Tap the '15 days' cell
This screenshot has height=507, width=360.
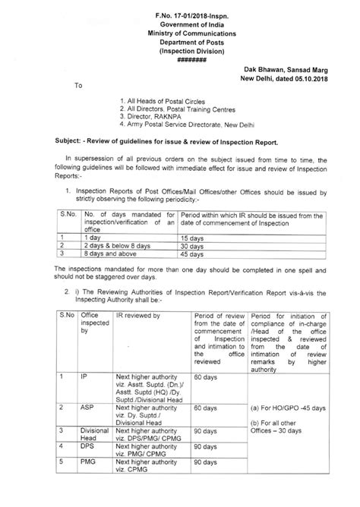pyautogui.click(x=191, y=238)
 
